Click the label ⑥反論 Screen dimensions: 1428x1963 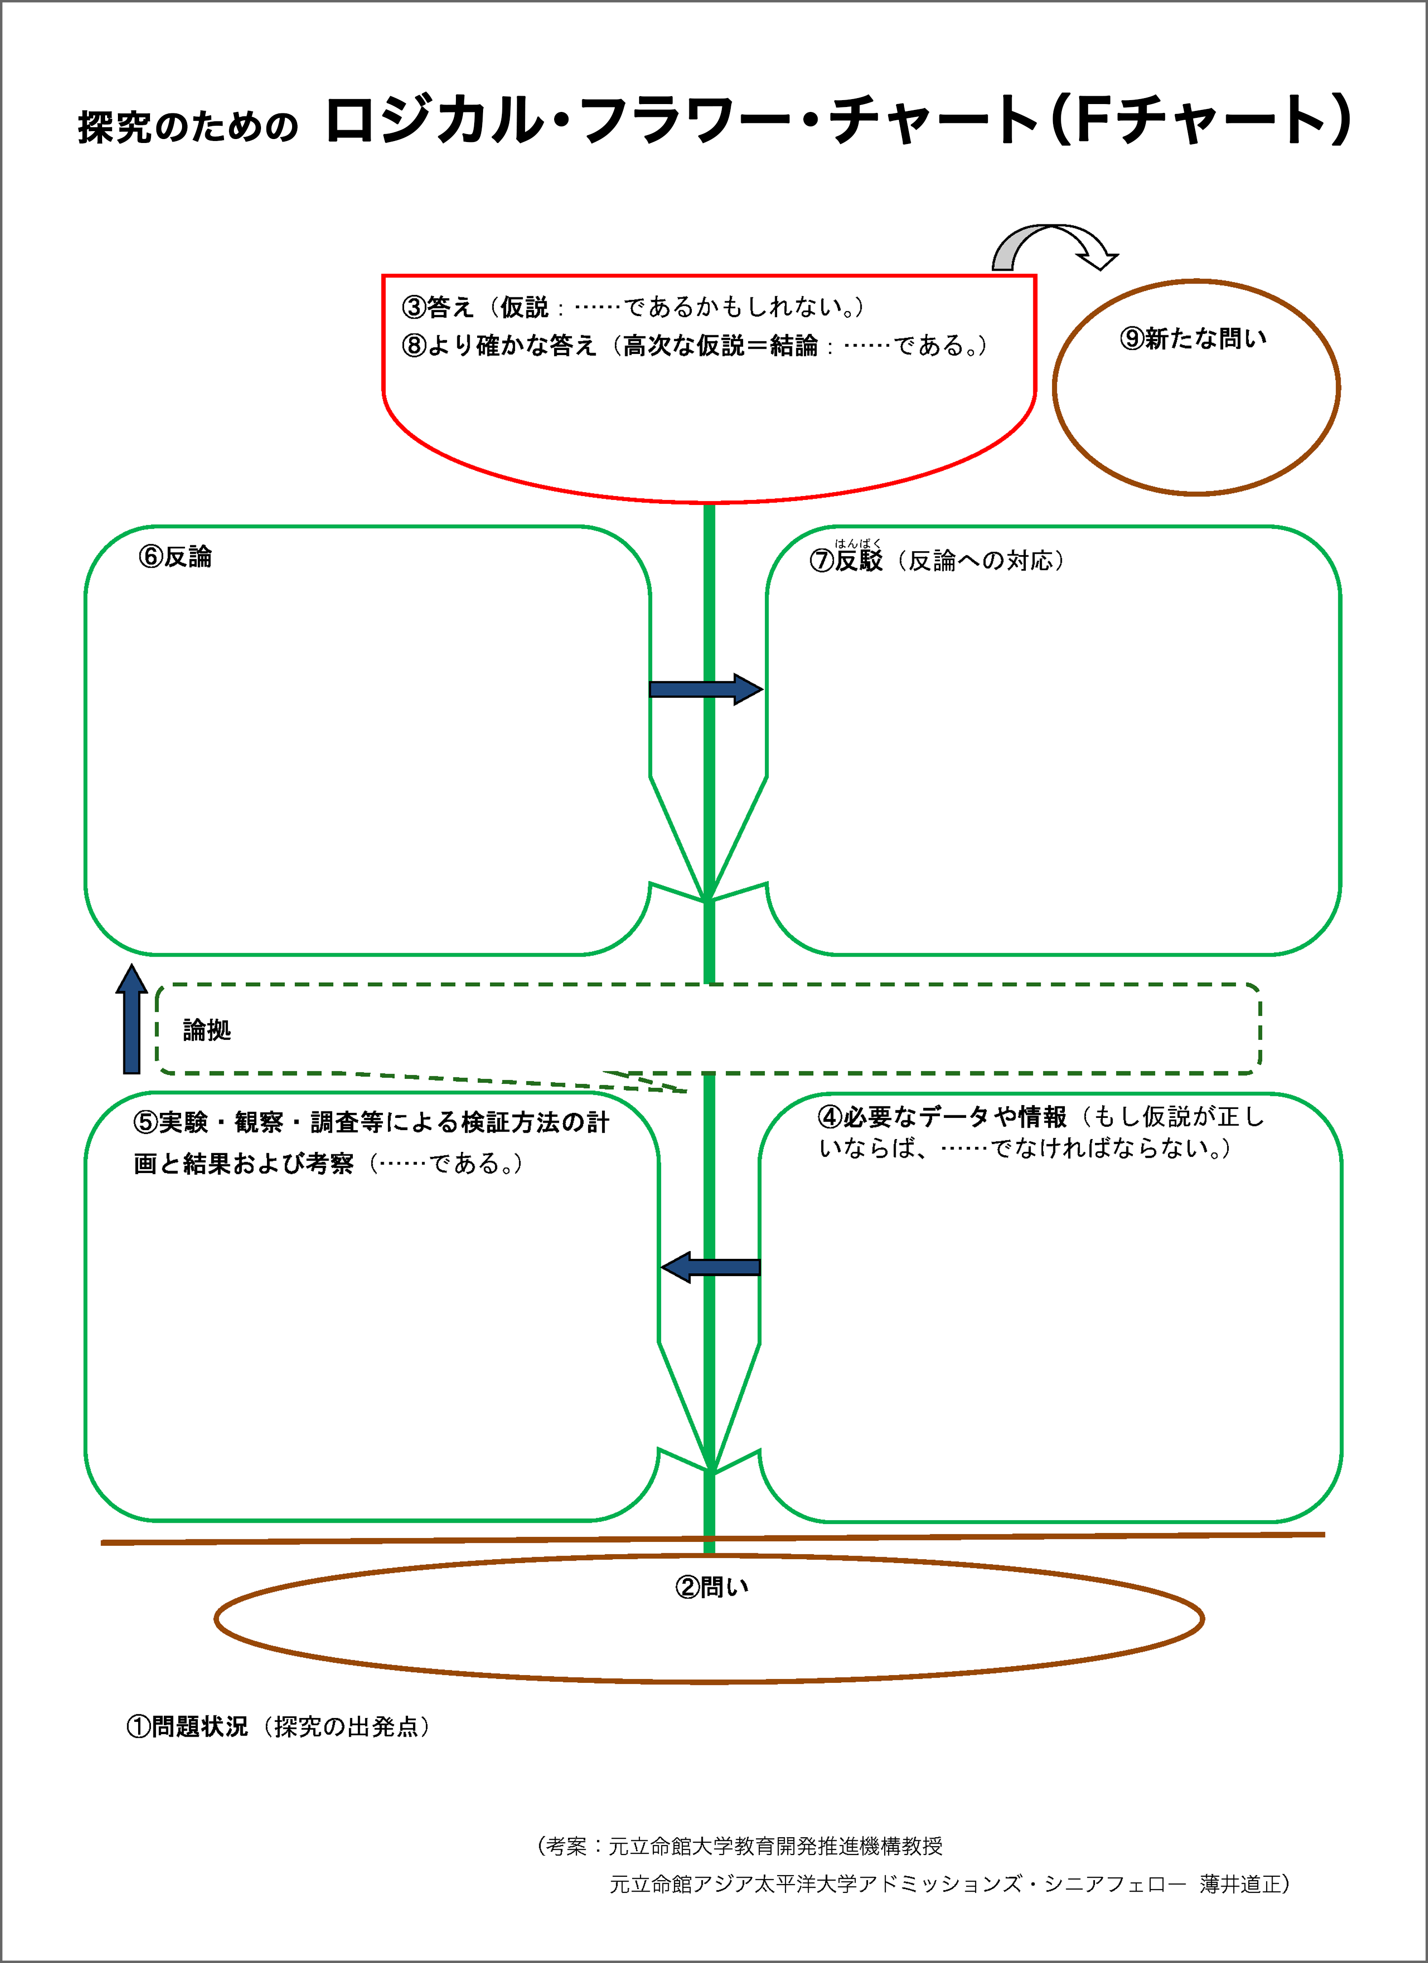(x=175, y=557)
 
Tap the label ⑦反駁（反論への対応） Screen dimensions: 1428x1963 (x=937, y=561)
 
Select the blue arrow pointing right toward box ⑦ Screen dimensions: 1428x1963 (x=706, y=689)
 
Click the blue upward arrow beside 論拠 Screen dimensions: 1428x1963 (x=132, y=1019)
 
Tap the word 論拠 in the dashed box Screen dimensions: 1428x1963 (x=207, y=1030)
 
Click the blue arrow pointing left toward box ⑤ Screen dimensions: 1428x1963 (x=710, y=1267)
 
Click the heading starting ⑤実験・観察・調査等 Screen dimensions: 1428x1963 (x=372, y=1123)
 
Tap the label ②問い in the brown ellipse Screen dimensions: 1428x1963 (x=712, y=1587)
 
